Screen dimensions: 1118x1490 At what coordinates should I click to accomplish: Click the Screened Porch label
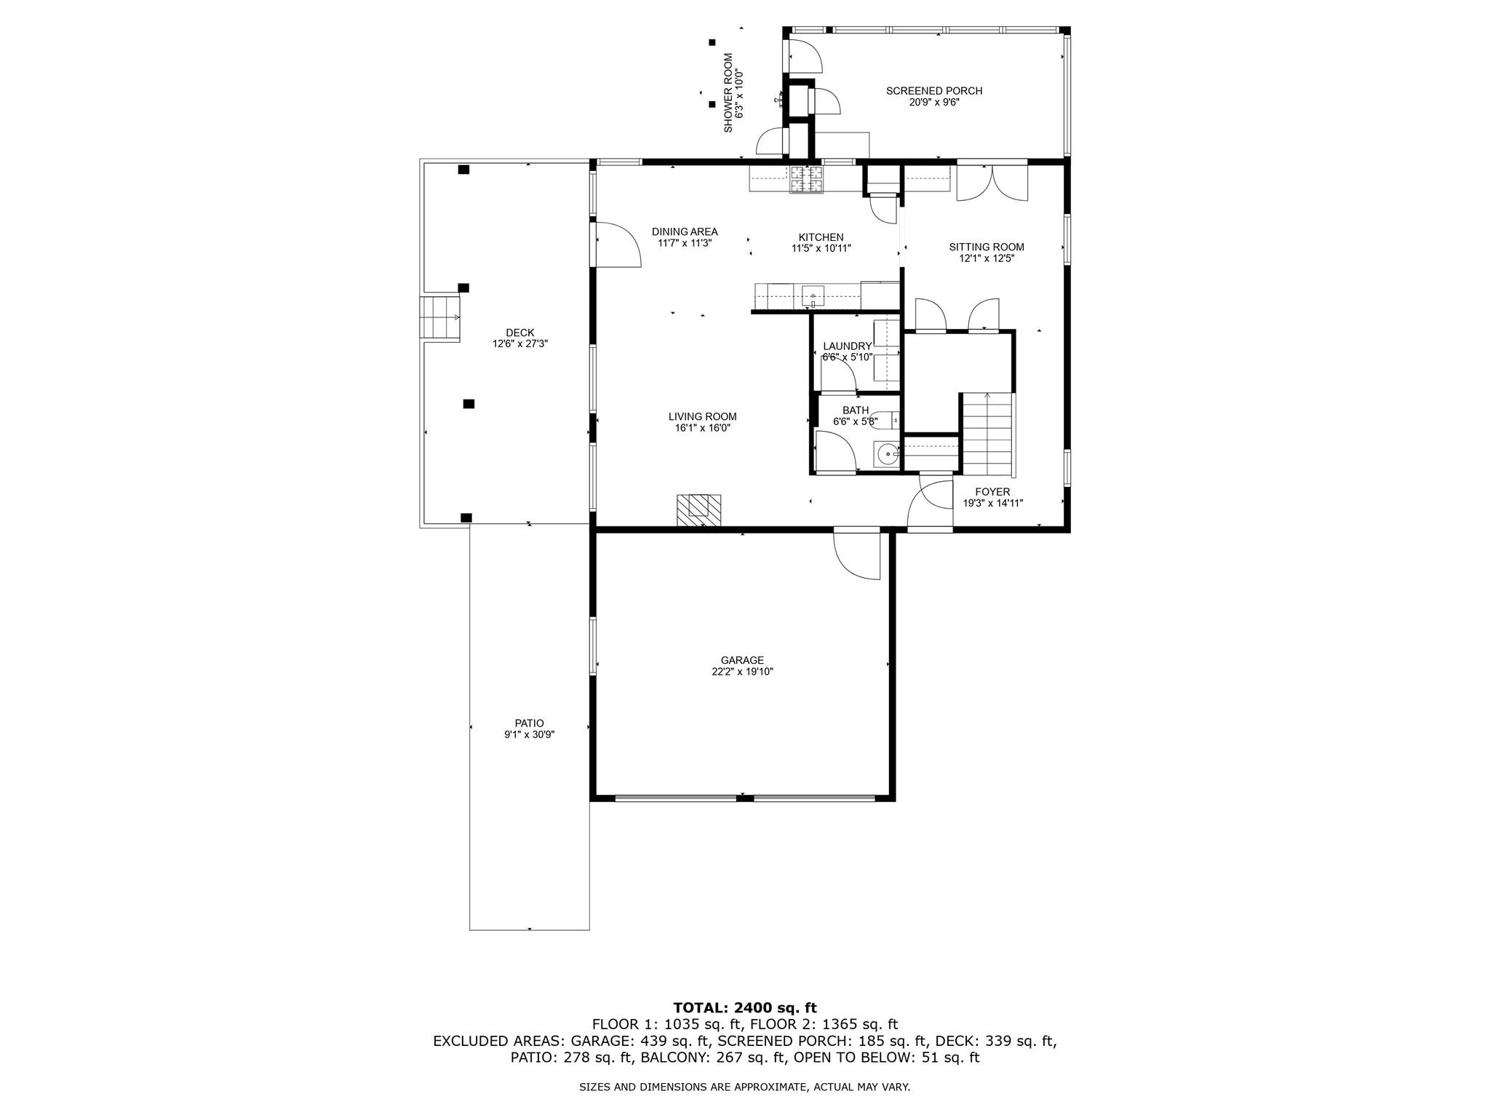click(x=933, y=91)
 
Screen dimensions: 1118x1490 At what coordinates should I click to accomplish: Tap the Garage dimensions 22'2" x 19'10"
click(x=742, y=672)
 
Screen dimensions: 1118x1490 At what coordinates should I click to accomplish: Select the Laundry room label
click(x=847, y=346)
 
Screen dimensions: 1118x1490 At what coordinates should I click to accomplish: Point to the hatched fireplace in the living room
click(x=698, y=510)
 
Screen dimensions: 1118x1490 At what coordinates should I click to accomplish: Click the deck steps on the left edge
click(x=439, y=317)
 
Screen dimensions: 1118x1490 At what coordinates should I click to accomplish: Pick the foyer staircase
click(x=987, y=433)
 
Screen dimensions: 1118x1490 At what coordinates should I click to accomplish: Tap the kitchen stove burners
click(x=807, y=180)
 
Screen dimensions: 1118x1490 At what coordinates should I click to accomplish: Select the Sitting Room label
click(x=986, y=247)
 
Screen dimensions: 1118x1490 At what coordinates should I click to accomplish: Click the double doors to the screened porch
click(x=992, y=183)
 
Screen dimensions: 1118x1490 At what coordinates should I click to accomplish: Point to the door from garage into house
click(x=857, y=555)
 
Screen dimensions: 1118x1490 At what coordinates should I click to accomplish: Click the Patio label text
click(x=529, y=723)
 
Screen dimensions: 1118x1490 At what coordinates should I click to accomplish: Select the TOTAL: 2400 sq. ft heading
click(x=744, y=1008)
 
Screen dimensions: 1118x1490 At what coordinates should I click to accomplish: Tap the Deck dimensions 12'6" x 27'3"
click(x=519, y=344)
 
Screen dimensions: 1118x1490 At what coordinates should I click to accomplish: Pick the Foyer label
click(x=992, y=492)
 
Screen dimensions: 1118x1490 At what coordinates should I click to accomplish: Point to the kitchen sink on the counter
click(x=813, y=296)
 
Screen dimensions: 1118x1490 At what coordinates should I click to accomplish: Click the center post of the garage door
click(x=744, y=798)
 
